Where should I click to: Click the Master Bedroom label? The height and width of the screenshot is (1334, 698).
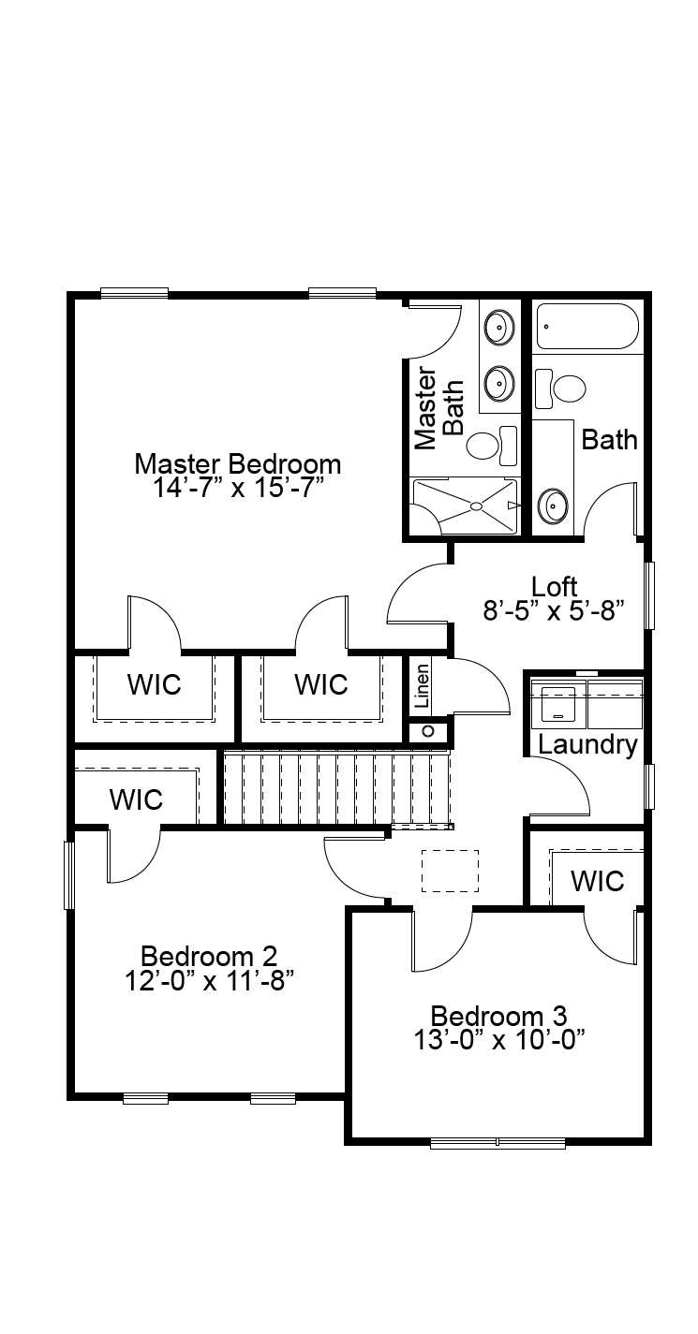click(x=238, y=464)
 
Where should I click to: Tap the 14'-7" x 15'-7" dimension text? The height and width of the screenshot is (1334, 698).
click(x=238, y=489)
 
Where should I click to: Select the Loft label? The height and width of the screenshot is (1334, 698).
click(x=555, y=587)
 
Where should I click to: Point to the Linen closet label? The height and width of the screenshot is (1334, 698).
click(x=422, y=685)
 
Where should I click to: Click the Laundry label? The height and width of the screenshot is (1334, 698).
click(x=587, y=745)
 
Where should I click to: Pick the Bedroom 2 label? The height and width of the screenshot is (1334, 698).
click(x=209, y=957)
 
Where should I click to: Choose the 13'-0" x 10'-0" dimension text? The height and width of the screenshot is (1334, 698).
click(x=499, y=1040)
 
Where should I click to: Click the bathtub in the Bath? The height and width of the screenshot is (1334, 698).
click(x=587, y=327)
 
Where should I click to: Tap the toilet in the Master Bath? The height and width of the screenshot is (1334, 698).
click(x=493, y=445)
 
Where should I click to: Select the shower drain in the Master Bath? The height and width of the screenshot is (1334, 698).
click(x=476, y=506)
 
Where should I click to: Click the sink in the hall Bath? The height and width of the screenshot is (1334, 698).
click(x=552, y=506)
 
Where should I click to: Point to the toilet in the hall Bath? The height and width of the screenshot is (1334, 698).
click(x=560, y=388)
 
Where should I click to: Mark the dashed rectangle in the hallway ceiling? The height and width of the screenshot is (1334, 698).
click(x=450, y=871)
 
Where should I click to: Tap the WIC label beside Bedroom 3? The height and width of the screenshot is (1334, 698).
click(x=597, y=881)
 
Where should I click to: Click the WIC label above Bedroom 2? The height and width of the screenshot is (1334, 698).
click(x=136, y=799)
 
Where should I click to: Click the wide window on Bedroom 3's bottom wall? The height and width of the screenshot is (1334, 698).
click(x=498, y=1143)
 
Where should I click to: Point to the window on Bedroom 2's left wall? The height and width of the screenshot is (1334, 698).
click(x=69, y=875)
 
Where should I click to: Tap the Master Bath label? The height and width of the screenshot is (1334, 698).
click(x=438, y=408)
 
